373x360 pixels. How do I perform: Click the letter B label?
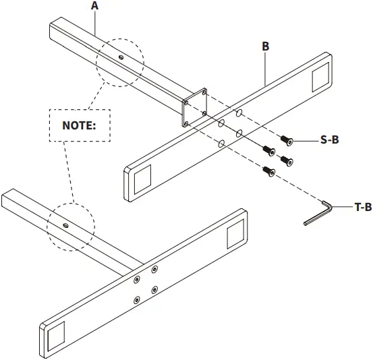[x=265, y=47]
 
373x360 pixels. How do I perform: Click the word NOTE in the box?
[x=80, y=125]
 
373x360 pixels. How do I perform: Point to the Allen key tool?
[x=317, y=212]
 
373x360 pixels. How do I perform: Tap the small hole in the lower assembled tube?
[x=65, y=224]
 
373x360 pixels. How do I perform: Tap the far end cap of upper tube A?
[x=53, y=33]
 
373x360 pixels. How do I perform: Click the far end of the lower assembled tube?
[x=7, y=198]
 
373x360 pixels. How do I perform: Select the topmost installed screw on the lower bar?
[x=154, y=270]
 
